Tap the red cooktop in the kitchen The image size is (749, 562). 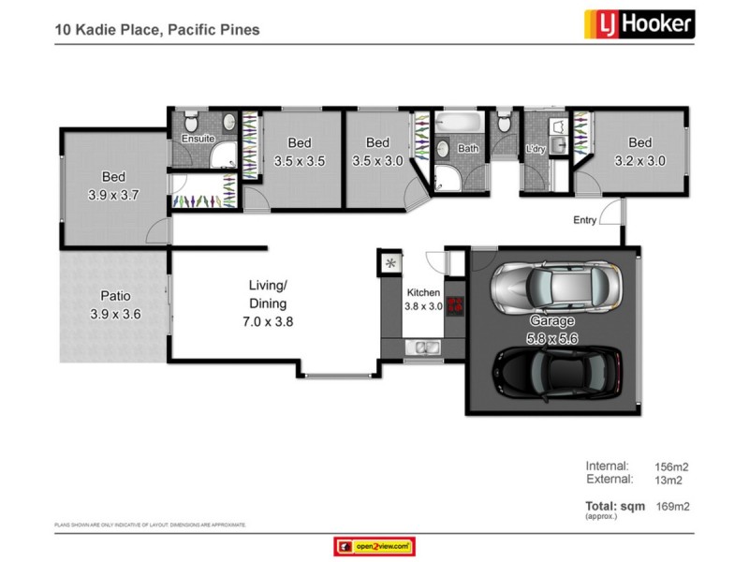point(456,304)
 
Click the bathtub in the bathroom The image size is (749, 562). point(459,123)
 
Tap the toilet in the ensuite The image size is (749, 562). point(190,120)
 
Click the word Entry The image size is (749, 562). point(585,221)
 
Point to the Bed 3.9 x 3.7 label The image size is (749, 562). point(113,185)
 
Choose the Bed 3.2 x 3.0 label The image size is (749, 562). point(639,152)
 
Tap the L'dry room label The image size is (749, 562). point(536,148)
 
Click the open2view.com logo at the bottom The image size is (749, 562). point(374,546)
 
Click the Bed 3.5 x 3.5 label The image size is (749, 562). point(299,152)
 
